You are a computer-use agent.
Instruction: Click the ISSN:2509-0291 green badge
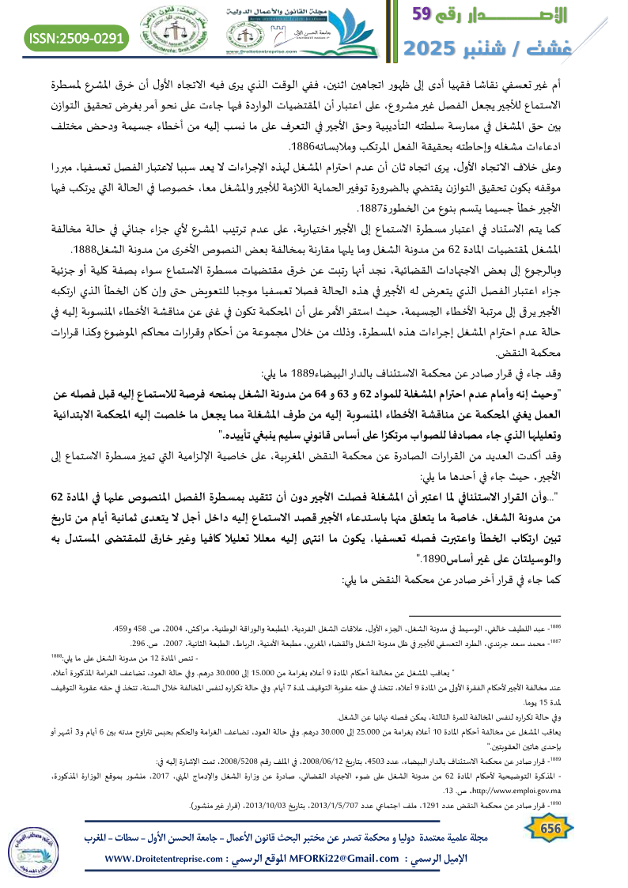tap(78, 36)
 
